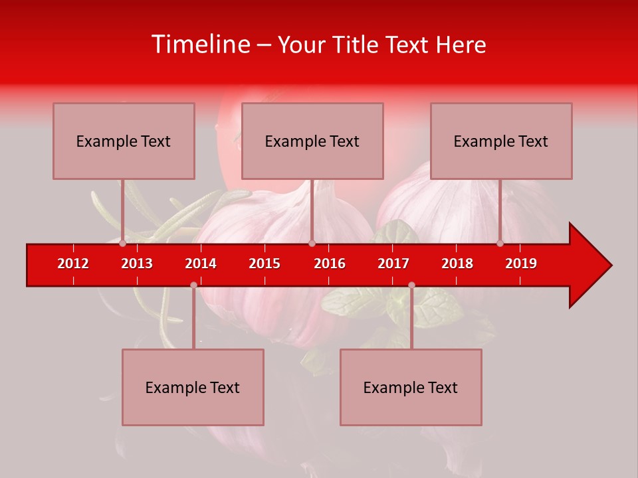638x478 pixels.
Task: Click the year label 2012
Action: point(73,264)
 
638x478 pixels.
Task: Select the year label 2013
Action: point(137,264)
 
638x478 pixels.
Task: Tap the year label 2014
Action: point(201,264)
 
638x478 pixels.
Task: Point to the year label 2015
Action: point(265,264)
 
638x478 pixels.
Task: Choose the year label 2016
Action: point(330,264)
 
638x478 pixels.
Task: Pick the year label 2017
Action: point(393,264)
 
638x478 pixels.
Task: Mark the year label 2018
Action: point(457,264)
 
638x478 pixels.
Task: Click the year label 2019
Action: point(521,264)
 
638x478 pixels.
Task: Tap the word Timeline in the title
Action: point(199,44)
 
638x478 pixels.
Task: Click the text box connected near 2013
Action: point(124,141)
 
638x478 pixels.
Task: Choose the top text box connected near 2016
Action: point(312,141)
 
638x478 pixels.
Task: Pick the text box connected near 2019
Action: point(501,141)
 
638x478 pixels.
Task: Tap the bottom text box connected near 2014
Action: point(193,387)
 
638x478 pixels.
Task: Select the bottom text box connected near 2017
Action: point(411,387)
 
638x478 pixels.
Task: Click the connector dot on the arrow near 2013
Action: point(123,244)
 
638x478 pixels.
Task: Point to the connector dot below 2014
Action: point(193,285)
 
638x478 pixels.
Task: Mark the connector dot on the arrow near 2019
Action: point(500,244)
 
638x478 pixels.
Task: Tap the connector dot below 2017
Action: point(411,285)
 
